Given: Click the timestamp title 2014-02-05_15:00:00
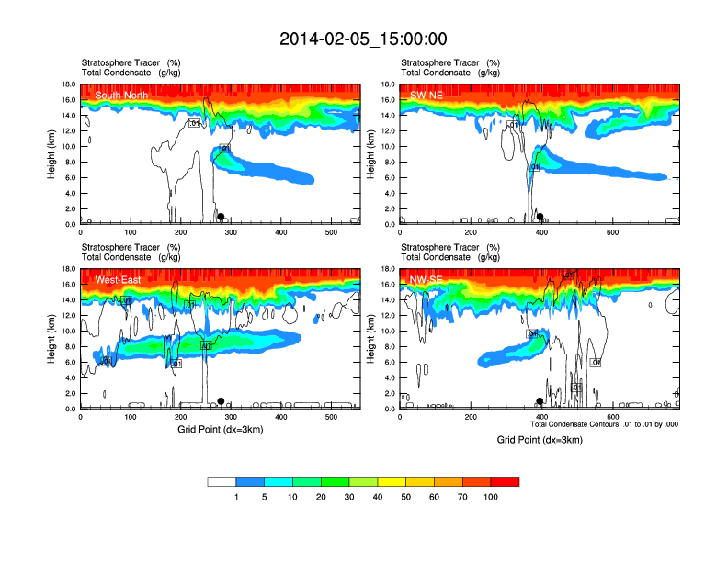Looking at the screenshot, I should click(x=363, y=39).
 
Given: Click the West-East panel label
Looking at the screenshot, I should click(x=118, y=279).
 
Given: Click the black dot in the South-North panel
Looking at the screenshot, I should click(x=221, y=217).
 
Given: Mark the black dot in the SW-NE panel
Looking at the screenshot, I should click(x=540, y=217).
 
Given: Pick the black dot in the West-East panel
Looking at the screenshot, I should click(x=221, y=401).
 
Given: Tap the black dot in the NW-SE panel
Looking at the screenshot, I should click(x=540, y=401).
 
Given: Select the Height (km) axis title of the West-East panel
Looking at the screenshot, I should click(x=52, y=339).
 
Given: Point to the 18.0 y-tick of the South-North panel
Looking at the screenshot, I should click(x=68, y=84).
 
